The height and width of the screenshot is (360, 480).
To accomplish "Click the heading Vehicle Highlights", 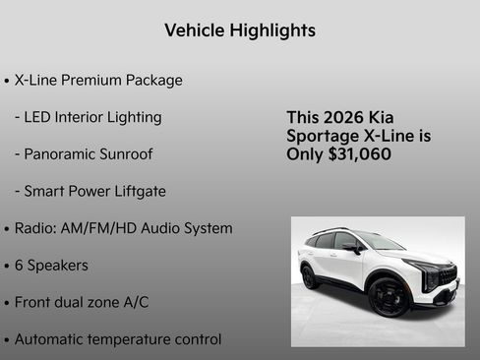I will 240,30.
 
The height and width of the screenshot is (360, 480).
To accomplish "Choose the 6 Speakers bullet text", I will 51,266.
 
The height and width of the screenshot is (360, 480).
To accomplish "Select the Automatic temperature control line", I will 117,339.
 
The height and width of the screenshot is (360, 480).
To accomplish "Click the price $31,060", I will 354,154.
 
